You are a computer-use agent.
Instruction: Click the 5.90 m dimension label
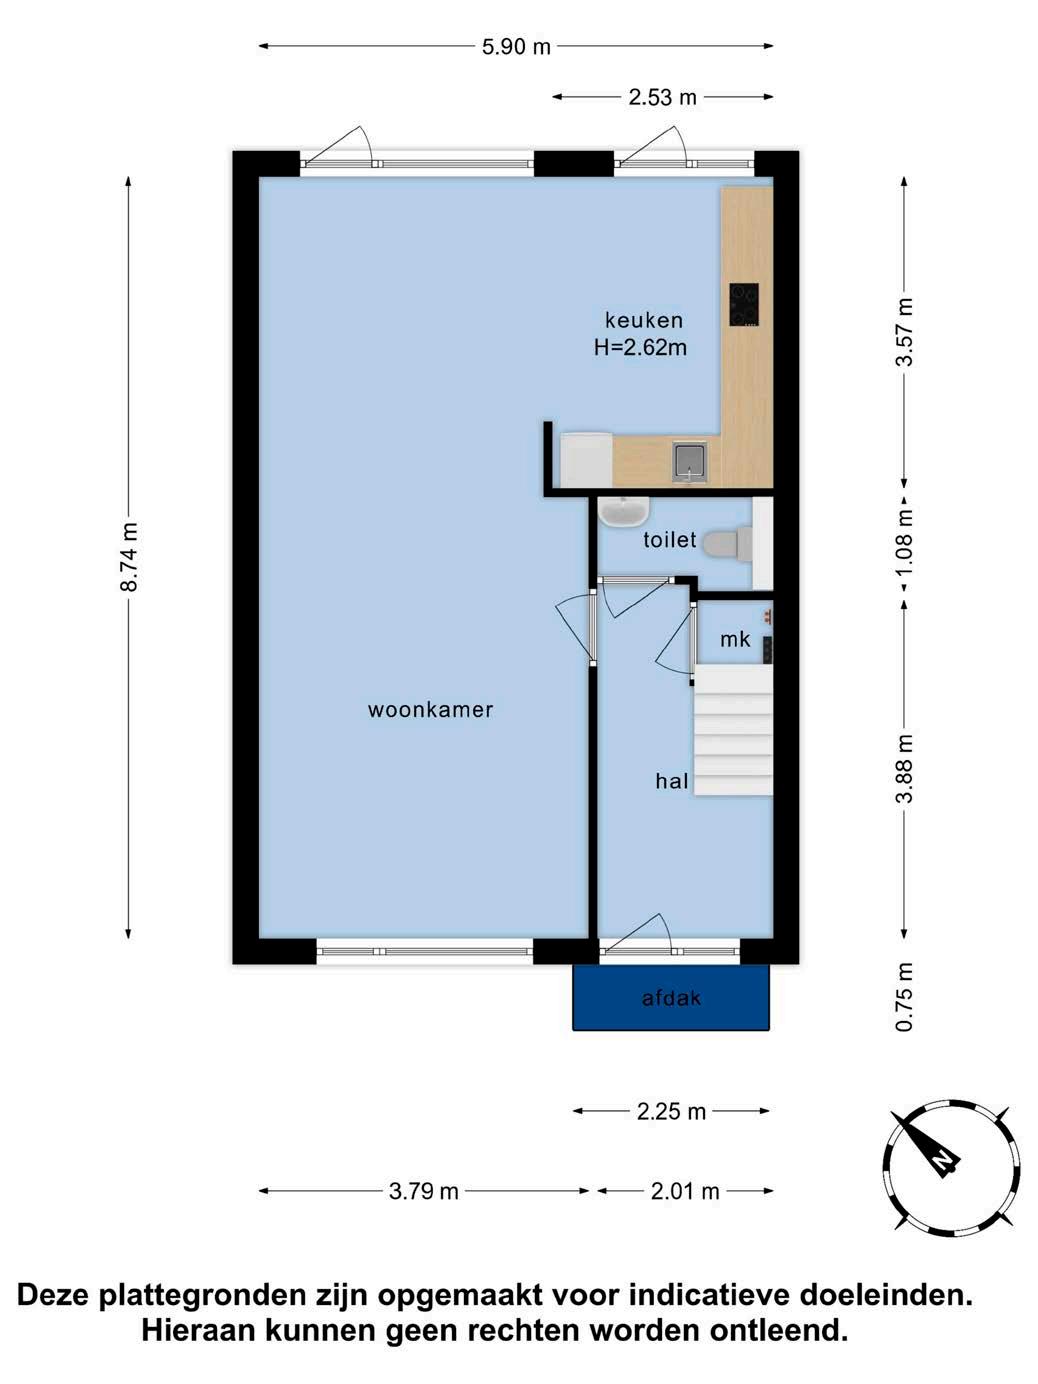[x=516, y=47]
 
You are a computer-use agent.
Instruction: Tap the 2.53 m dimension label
[x=662, y=97]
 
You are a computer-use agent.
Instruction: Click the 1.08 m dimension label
[x=904, y=544]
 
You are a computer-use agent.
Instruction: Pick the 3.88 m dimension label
[x=904, y=768]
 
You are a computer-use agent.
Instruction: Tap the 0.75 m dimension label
[x=904, y=997]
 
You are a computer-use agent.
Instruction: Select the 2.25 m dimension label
[x=671, y=1112]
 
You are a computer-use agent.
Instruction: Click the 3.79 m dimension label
[x=424, y=1192]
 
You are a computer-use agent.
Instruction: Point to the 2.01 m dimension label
[x=685, y=1192]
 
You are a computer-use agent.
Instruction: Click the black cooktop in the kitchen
[x=744, y=305]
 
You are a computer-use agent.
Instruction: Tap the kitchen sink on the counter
[x=689, y=462]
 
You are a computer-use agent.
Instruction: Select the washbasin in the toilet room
[x=623, y=511]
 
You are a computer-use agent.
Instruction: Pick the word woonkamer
[x=430, y=710]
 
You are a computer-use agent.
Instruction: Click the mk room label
[x=735, y=639]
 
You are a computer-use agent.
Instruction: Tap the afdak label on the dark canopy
[x=671, y=998]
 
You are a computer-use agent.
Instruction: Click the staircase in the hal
[x=734, y=731]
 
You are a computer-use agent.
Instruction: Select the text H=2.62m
[x=640, y=347]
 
